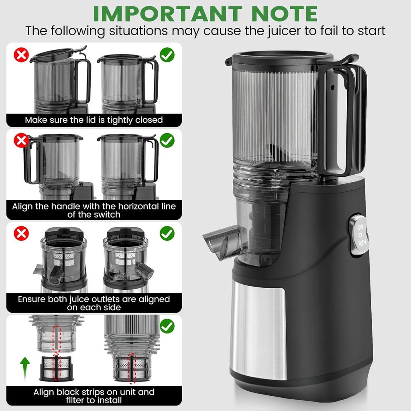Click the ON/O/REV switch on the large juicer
[359, 235]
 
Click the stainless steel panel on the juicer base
[258, 331]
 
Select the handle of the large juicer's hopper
[343, 116]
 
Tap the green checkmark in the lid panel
[167, 55]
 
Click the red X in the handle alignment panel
[21, 141]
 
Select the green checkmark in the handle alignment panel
[167, 140]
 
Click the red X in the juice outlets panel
[21, 233]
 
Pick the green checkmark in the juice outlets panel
[167, 233]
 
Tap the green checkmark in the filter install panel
[167, 326]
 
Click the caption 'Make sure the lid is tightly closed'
[94, 120]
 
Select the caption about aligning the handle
[94, 210]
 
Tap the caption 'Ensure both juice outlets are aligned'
[94, 303]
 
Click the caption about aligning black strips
[94, 396]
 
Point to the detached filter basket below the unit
[56, 368]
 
